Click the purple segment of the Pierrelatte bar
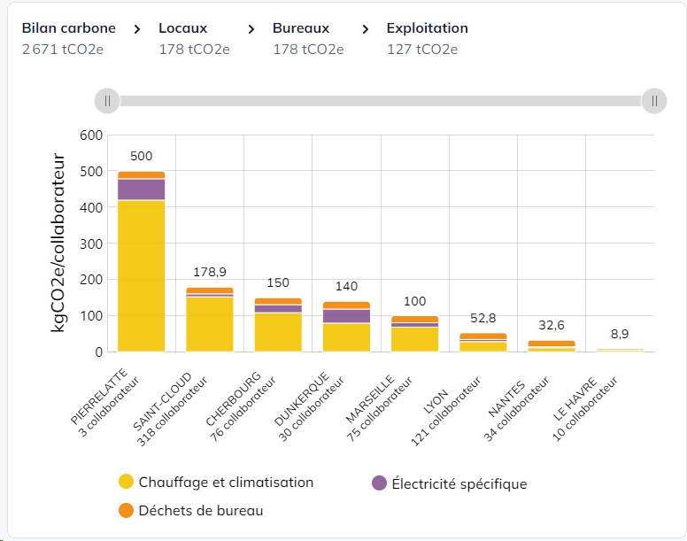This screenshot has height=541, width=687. [x=141, y=189]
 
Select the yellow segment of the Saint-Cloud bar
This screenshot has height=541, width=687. [x=210, y=324]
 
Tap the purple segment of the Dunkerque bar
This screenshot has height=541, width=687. [x=346, y=316]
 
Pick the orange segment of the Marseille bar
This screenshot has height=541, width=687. [x=414, y=320]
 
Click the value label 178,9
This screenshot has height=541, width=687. [x=210, y=272]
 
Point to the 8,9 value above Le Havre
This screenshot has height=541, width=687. [x=620, y=334]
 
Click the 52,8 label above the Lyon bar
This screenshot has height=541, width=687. [x=482, y=318]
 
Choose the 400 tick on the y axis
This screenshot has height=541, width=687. [x=91, y=207]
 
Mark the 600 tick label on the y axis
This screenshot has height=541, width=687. [x=91, y=135]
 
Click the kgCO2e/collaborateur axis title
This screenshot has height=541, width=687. [x=58, y=243]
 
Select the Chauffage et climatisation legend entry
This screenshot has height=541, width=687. [x=216, y=482]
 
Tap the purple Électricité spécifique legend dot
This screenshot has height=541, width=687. [x=380, y=483]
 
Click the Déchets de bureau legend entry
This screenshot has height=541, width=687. [x=191, y=510]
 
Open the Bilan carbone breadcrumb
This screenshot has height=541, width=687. [x=69, y=28]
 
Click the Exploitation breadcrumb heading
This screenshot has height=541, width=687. [x=428, y=28]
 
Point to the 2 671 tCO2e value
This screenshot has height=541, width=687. [x=63, y=49]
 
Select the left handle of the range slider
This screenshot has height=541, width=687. [x=107, y=101]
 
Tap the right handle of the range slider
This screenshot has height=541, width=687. [x=654, y=101]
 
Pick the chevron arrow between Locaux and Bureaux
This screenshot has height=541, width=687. [x=251, y=29]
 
